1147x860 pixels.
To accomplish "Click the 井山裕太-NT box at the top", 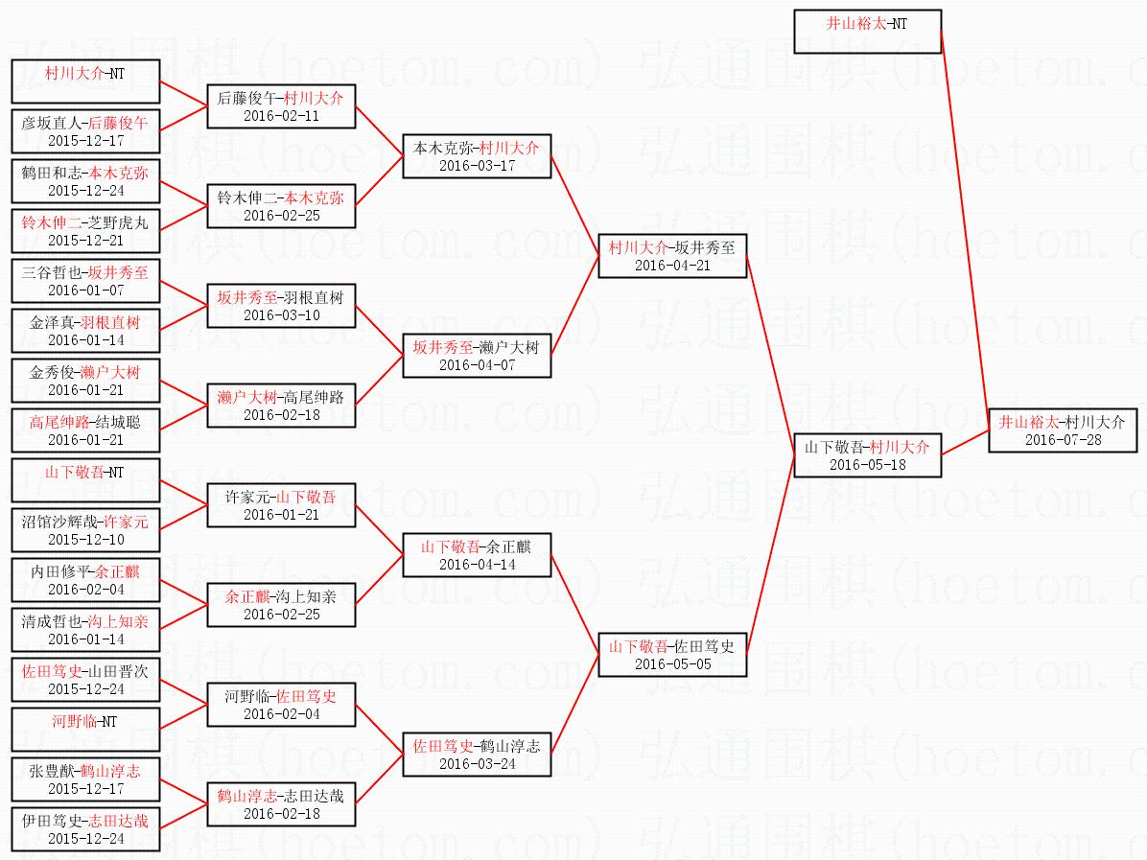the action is [868, 32].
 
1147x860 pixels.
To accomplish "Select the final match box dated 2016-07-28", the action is [1063, 430].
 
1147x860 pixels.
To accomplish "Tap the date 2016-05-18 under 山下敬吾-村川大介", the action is [868, 464].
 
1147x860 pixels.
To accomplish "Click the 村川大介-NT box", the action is [85, 81].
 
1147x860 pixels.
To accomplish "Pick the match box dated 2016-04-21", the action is [672, 256].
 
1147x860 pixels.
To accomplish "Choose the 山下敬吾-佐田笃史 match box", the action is [672, 655].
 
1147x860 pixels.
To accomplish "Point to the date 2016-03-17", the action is [477, 165].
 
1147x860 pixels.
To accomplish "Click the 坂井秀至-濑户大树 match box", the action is [477, 356].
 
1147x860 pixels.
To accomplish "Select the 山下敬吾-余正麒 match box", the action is [477, 555].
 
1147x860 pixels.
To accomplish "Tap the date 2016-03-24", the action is [477, 763].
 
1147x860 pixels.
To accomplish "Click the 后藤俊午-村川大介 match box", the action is [282, 106].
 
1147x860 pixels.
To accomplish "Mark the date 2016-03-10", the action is [282, 315].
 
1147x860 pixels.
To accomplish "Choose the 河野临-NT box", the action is [85, 729].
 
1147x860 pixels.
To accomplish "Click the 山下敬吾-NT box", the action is [85, 480].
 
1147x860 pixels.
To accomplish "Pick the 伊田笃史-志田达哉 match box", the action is [85, 829].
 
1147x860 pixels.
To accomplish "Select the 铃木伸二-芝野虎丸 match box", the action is [85, 231].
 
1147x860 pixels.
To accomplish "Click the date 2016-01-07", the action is [85, 291].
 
